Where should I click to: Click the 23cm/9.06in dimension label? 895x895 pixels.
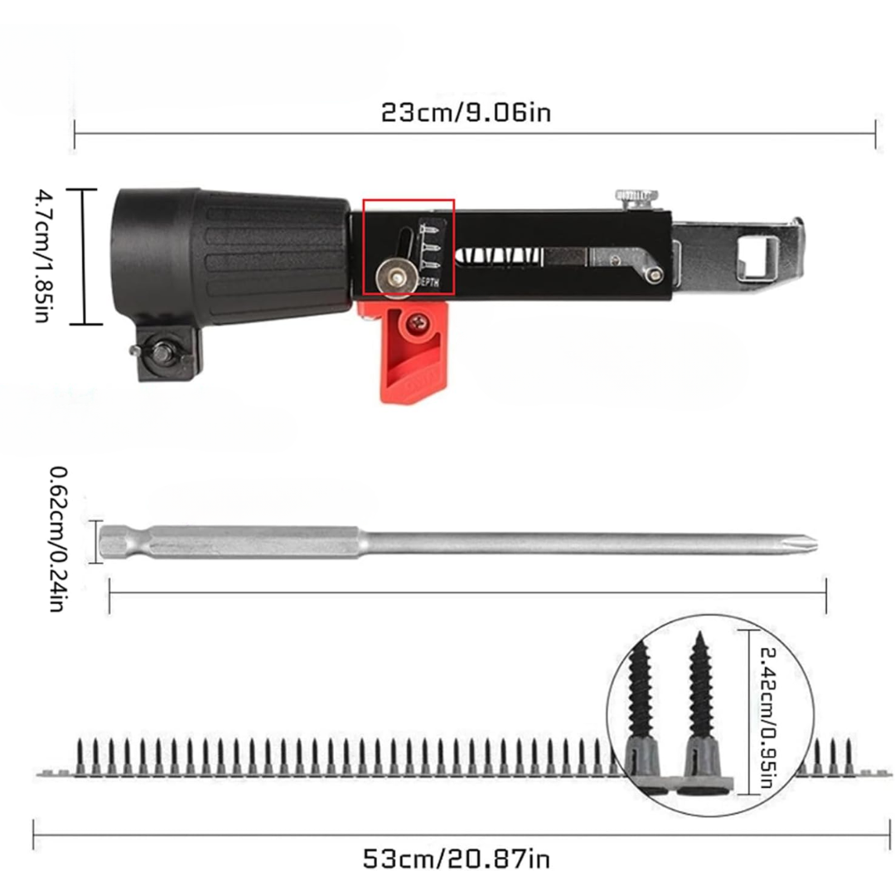pyautogui.click(x=466, y=112)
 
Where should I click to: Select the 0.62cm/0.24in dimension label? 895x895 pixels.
pyautogui.click(x=59, y=539)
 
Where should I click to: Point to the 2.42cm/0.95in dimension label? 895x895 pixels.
pyautogui.click(x=769, y=718)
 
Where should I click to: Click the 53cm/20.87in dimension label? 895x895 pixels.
pyautogui.click(x=456, y=858)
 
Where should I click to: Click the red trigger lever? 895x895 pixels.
pyautogui.click(x=410, y=351)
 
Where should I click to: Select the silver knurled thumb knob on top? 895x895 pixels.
pyautogui.click(x=636, y=200)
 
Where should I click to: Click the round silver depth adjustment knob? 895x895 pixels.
pyautogui.click(x=394, y=278)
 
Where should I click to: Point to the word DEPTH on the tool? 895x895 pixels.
pyautogui.click(x=429, y=282)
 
